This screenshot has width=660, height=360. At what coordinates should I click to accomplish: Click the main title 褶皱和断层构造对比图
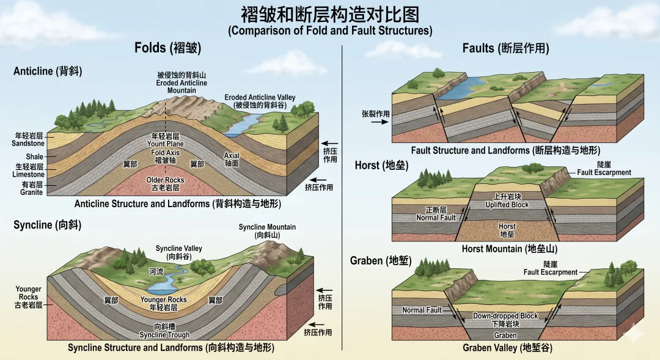330,13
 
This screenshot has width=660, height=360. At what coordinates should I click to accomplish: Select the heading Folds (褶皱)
167,48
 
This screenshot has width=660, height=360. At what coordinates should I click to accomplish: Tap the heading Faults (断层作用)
505,48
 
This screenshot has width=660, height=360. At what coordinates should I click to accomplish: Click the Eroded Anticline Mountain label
182,83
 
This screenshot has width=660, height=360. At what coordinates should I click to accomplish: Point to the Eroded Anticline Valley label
260,101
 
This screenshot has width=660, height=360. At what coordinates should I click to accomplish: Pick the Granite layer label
31,192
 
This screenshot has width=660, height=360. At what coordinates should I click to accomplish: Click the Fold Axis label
166,152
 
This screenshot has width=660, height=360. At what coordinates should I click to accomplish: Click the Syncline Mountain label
267,230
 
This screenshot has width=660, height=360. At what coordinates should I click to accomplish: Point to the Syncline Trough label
164,331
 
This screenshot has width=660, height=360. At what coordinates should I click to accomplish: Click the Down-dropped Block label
505,319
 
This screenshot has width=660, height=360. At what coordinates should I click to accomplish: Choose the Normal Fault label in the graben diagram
422,310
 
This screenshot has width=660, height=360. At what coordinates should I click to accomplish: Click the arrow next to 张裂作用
378,122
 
